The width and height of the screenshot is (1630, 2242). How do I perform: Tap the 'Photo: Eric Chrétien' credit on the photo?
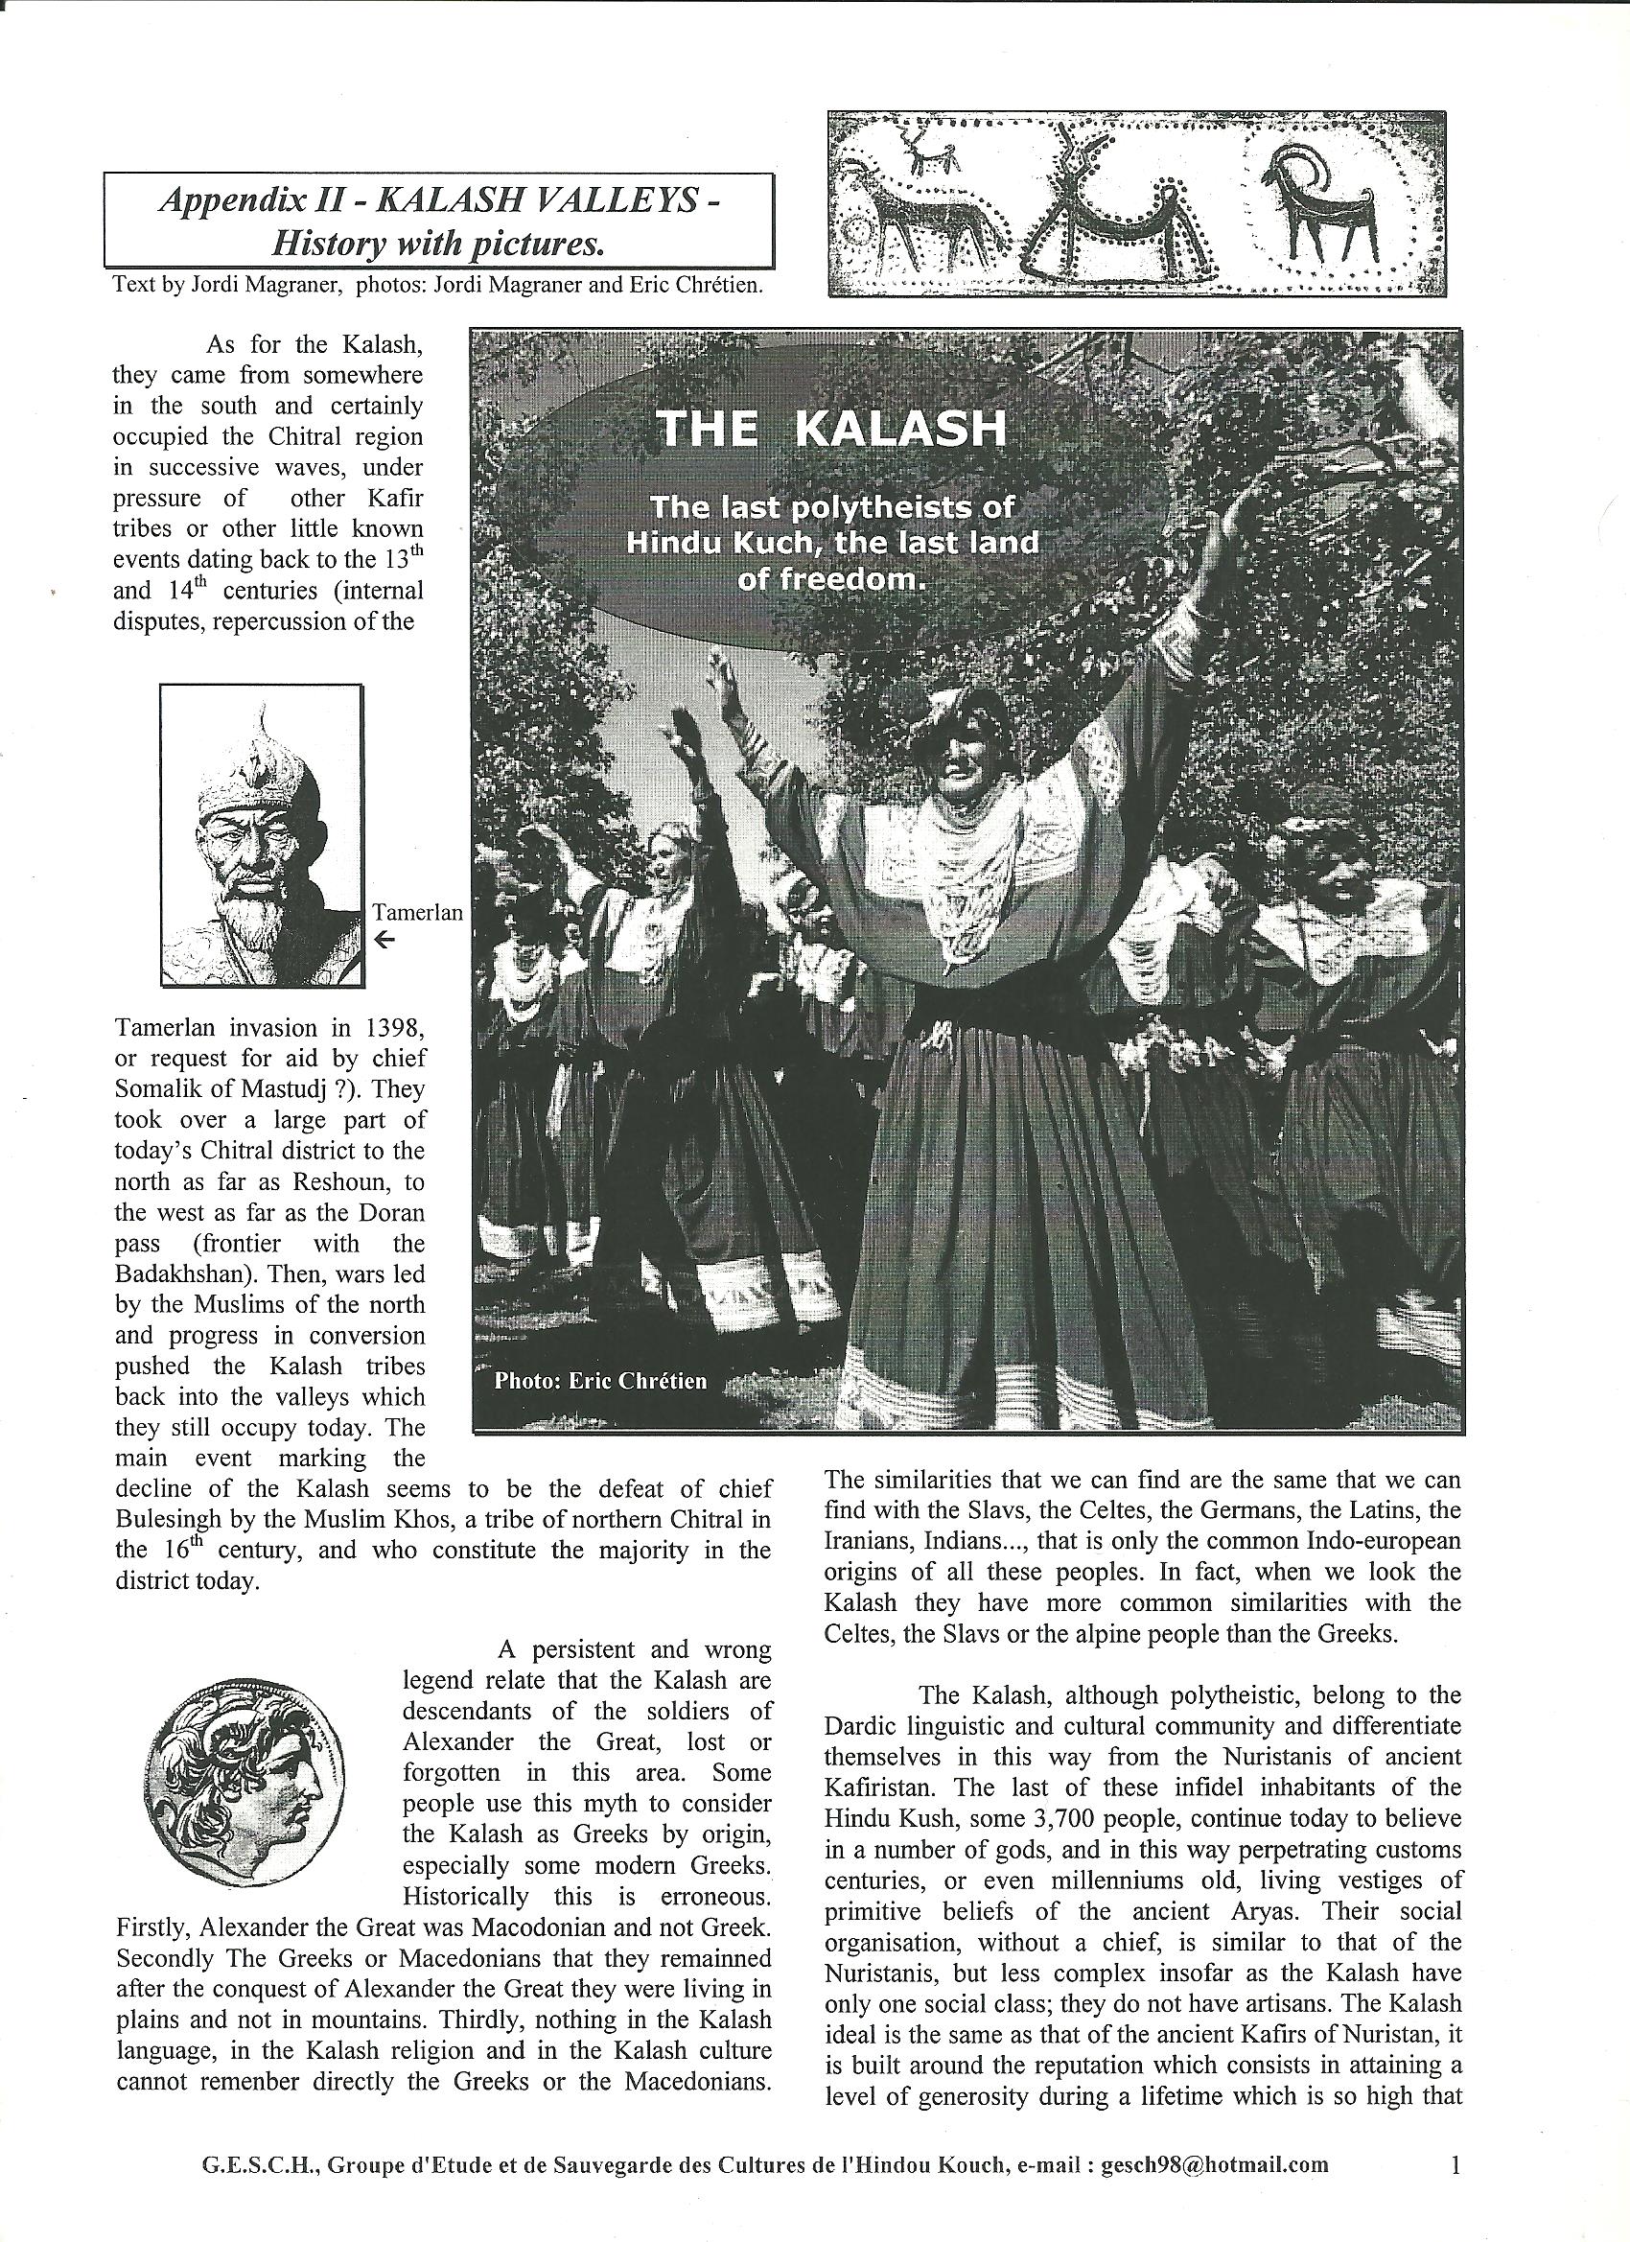(600, 1380)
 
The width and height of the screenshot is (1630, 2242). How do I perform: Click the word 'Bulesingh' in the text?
(171, 1519)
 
